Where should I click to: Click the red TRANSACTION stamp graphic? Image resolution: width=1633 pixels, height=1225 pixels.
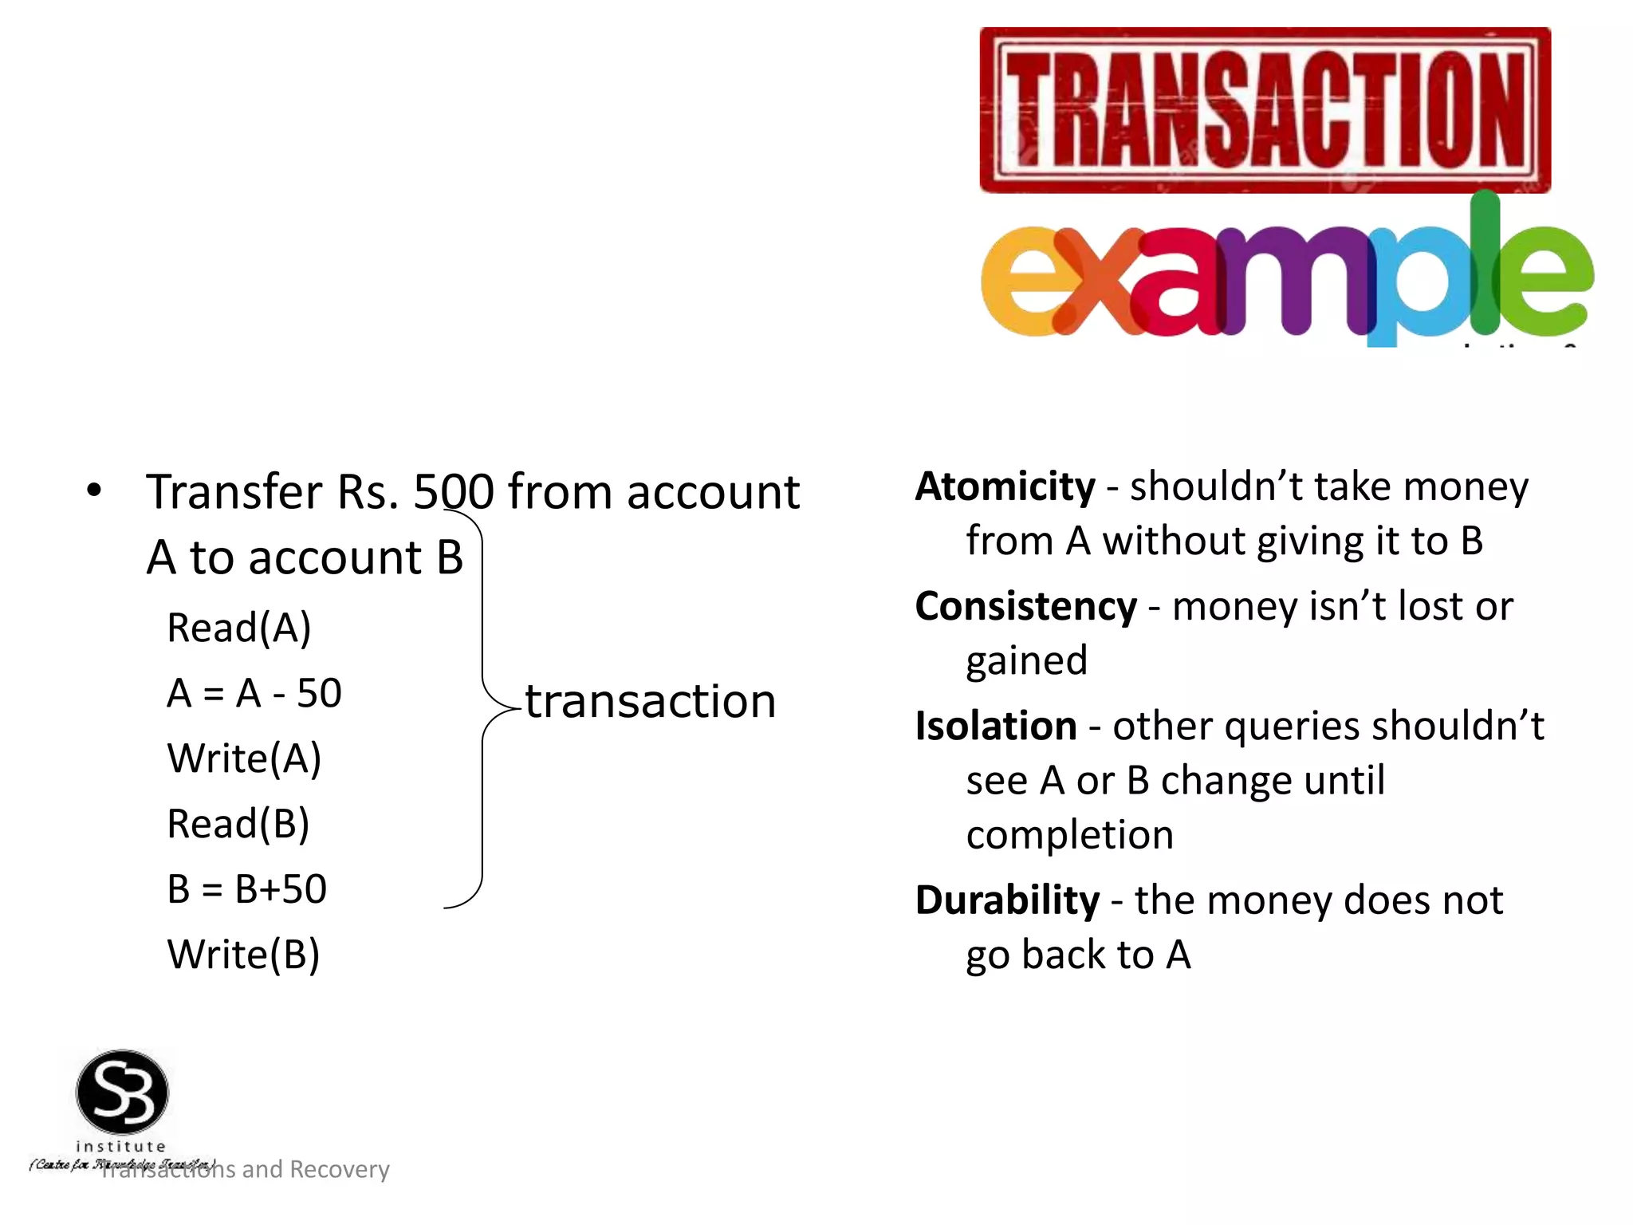pos(1265,110)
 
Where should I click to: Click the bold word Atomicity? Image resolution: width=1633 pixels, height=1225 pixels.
pos(1005,486)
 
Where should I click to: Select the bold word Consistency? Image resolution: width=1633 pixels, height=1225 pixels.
pos(1025,607)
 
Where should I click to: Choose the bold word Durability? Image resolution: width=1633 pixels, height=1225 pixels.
pos(1007,900)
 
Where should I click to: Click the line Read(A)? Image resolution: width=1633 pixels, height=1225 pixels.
pos(238,628)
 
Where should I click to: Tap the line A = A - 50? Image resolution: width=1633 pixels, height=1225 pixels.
pos(254,693)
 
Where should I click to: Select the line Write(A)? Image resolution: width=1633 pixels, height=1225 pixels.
pos(244,758)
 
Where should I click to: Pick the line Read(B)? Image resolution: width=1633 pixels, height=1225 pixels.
pos(238,824)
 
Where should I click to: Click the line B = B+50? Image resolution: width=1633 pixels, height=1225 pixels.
pos(247,889)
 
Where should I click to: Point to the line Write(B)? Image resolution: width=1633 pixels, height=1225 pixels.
pos(243,955)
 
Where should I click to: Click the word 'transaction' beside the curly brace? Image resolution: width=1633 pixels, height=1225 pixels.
pos(650,702)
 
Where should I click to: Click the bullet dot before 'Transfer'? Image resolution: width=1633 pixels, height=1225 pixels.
pos(94,490)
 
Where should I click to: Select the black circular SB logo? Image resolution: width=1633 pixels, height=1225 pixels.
pos(122,1092)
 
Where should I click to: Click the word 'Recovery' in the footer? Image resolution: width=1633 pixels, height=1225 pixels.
pos(339,1169)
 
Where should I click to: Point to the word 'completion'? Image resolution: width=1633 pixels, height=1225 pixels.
pos(1069,835)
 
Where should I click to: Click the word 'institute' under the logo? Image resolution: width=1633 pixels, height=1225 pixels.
pos(120,1146)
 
